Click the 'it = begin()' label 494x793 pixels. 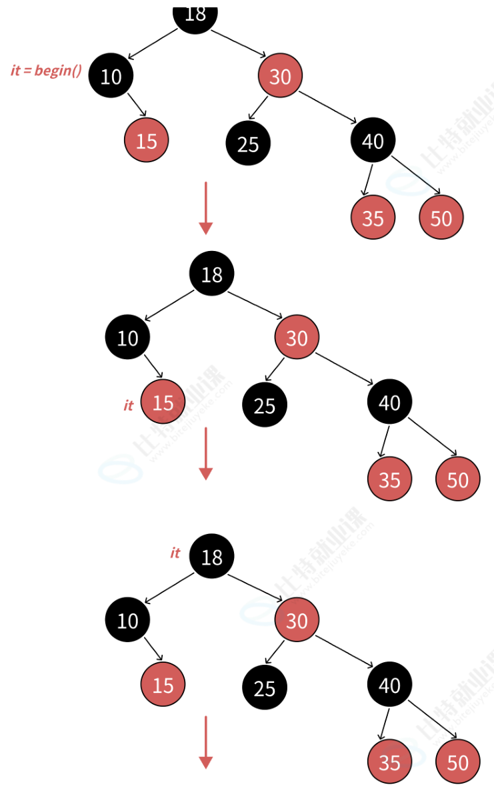pyautogui.click(x=46, y=70)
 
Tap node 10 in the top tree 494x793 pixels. pyautogui.click(x=111, y=76)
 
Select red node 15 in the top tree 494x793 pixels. pyautogui.click(x=146, y=140)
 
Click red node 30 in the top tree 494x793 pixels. pyautogui.click(x=280, y=76)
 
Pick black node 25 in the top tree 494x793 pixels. pyautogui.click(x=248, y=144)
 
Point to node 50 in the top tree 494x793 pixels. pyautogui.click(x=441, y=218)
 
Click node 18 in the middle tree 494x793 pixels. pyautogui.click(x=211, y=274)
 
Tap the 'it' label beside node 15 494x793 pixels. pyautogui.click(x=129, y=405)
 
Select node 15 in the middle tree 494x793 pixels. pyautogui.click(x=163, y=403)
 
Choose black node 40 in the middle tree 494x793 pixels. pyautogui.click(x=389, y=403)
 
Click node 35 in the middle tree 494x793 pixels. pyautogui.click(x=389, y=479)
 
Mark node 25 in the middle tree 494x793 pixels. pyautogui.click(x=265, y=405)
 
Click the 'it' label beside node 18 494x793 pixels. pyautogui.click(x=175, y=553)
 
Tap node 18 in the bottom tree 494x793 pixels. pyautogui.click(x=211, y=556)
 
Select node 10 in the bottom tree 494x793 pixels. pyautogui.click(x=127, y=620)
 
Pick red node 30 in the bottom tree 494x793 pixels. pyautogui.click(x=297, y=620)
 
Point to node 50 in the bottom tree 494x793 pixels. pyautogui.click(x=458, y=762)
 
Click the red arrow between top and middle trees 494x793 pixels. pyautogui.click(x=205, y=208)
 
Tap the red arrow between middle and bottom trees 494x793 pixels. pyautogui.click(x=205, y=453)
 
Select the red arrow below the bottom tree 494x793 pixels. pyautogui.click(x=205, y=742)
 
